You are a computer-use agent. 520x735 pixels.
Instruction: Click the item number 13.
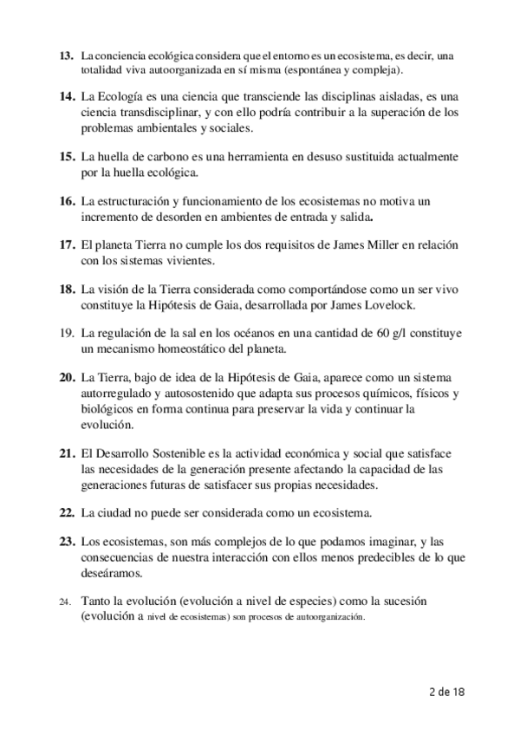point(66,56)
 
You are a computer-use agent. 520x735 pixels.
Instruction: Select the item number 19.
point(67,333)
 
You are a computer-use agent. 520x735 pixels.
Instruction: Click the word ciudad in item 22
point(116,513)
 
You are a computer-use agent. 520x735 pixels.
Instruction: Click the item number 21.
point(66,454)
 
